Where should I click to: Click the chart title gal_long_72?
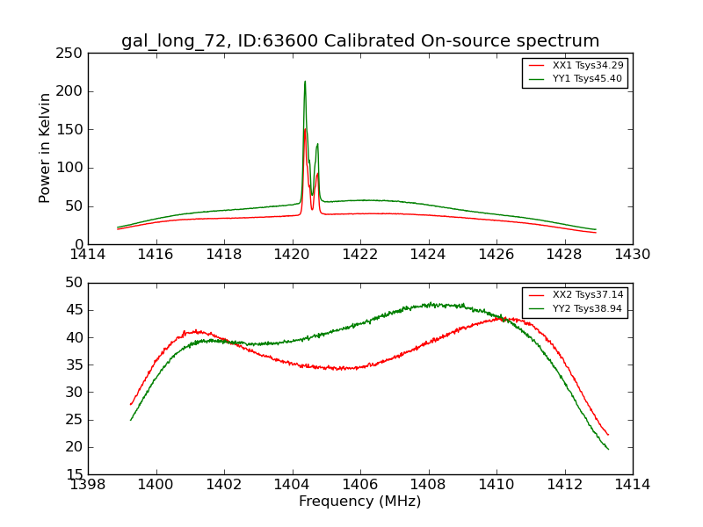[x=359, y=40]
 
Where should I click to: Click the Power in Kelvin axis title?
[x=46, y=148]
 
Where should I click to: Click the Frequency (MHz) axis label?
[x=359, y=502]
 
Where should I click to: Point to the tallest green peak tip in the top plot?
[x=305, y=82]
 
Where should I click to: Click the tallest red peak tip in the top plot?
[x=305, y=129]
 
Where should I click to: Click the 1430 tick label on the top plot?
[x=633, y=255]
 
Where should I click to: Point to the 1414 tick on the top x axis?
[x=88, y=255]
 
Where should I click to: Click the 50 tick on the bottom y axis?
[x=75, y=283]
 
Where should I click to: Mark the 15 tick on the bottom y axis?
[x=75, y=475]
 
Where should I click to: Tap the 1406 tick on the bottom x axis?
[x=360, y=485]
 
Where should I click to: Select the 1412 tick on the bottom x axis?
[x=564, y=485]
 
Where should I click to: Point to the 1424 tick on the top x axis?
[x=428, y=255]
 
